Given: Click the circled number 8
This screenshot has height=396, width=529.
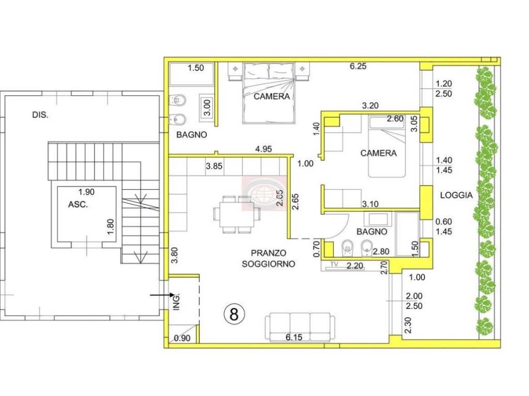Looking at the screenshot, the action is [234, 314].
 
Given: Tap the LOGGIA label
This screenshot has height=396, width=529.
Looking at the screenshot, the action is [456, 195].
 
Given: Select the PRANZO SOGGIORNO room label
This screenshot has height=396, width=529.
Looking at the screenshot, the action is [269, 258].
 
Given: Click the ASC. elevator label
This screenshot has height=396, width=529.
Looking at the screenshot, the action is [78, 204].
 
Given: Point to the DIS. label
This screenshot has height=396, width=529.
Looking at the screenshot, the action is [40, 115].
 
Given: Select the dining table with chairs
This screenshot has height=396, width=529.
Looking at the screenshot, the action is [237, 214].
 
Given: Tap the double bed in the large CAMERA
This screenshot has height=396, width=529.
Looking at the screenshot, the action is [269, 93].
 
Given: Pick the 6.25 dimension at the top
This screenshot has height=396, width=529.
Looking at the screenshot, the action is [358, 67].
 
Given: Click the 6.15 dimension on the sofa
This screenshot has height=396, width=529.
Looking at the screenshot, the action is [294, 337].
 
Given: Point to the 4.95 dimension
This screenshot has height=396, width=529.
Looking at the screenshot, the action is [263, 149].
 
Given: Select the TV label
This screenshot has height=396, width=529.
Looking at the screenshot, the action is [334, 265].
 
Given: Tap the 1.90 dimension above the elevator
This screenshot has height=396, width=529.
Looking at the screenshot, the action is [86, 192].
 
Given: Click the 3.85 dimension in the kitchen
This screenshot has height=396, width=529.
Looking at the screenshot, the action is [214, 166].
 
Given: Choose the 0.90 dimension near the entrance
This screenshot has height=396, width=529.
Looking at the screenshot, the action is [182, 338].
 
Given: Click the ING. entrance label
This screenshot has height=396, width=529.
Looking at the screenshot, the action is [177, 302].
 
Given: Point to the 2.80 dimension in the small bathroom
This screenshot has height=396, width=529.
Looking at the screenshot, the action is [381, 252].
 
